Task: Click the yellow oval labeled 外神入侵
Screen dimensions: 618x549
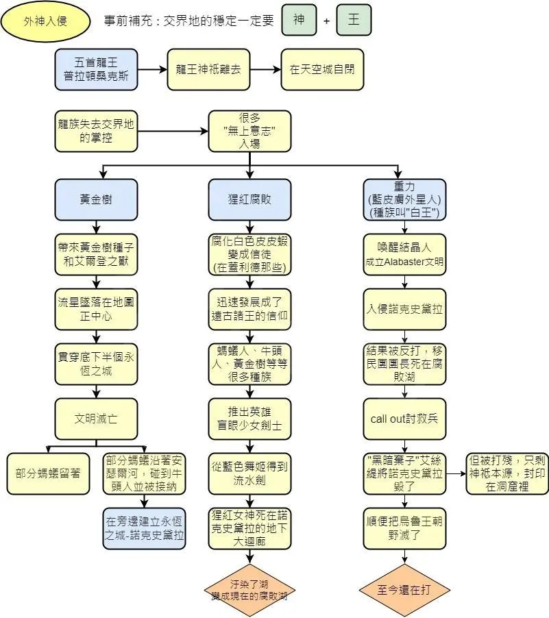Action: pyautogui.click(x=46, y=21)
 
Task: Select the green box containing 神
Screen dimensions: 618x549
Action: pyautogui.click(x=299, y=20)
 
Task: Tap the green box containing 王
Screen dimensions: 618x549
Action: pyautogui.click(x=354, y=20)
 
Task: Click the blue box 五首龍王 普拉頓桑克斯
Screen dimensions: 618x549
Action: pyautogui.click(x=97, y=69)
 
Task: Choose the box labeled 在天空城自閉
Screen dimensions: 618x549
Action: pyautogui.click(x=322, y=69)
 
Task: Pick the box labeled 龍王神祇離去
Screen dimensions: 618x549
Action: pyautogui.click(x=208, y=69)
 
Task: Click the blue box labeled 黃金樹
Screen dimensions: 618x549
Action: pyautogui.click(x=97, y=199)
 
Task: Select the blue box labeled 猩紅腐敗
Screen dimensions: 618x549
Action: pyautogui.click(x=249, y=199)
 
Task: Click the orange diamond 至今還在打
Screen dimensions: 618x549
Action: pyautogui.click(x=404, y=590)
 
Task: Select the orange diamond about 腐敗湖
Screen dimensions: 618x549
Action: pyautogui.click(x=249, y=590)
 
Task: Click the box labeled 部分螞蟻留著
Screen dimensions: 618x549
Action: pyautogui.click(x=48, y=473)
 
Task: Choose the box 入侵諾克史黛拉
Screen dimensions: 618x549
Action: pyautogui.click(x=404, y=309)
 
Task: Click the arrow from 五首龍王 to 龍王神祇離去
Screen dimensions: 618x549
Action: pyautogui.click(x=152, y=69)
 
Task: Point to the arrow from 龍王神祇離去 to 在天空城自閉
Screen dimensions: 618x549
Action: pyautogui.click(x=265, y=69)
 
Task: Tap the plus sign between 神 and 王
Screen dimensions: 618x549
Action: pyautogui.click(x=326, y=21)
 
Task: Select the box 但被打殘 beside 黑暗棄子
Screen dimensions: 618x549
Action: pyautogui.click(x=507, y=473)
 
